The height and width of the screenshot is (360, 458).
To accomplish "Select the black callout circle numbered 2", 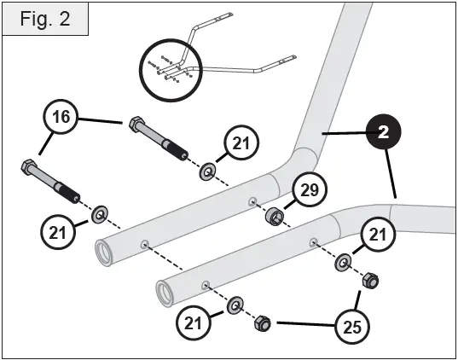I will pyautogui.click(x=384, y=133).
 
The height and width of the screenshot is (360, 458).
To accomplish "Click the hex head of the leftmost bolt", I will pyautogui.click(x=27, y=168).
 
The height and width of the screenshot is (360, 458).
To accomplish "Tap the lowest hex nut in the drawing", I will pyautogui.click(x=263, y=324).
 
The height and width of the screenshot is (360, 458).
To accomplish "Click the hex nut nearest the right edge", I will pyautogui.click(x=371, y=280).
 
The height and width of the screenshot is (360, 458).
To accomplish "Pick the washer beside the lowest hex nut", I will pyautogui.click(x=235, y=305).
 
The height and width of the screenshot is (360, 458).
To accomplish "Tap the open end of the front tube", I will pyautogui.click(x=165, y=294).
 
